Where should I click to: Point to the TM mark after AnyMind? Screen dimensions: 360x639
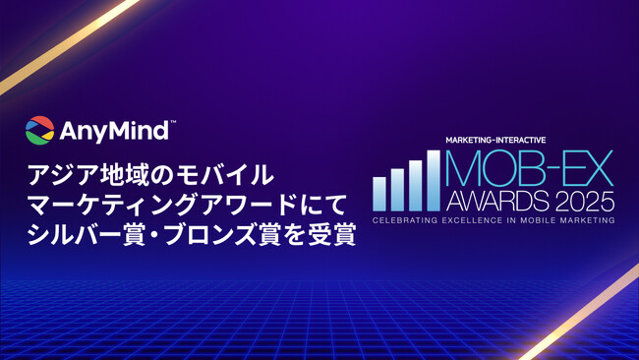173,123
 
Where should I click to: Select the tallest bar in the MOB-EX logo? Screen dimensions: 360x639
433,180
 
